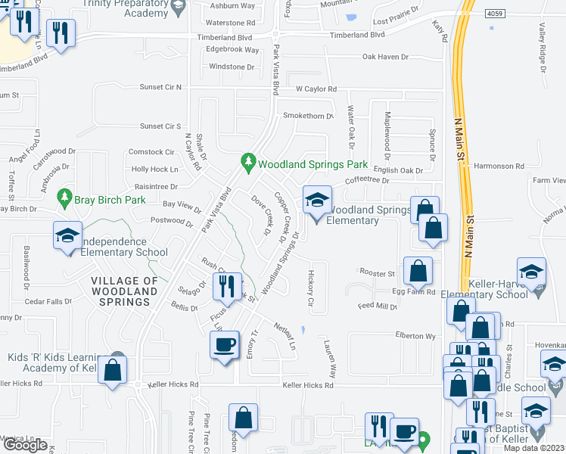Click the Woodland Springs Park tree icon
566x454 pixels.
(x=247, y=162)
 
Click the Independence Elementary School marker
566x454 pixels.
(x=67, y=235)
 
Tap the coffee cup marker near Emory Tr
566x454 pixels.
(x=224, y=345)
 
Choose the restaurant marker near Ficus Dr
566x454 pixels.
(x=227, y=287)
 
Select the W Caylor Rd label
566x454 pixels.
(x=316, y=89)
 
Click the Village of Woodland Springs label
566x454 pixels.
(x=126, y=291)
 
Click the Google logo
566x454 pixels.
(x=25, y=445)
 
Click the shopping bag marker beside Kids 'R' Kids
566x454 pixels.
(x=112, y=371)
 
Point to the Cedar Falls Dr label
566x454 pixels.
(x=48, y=300)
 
